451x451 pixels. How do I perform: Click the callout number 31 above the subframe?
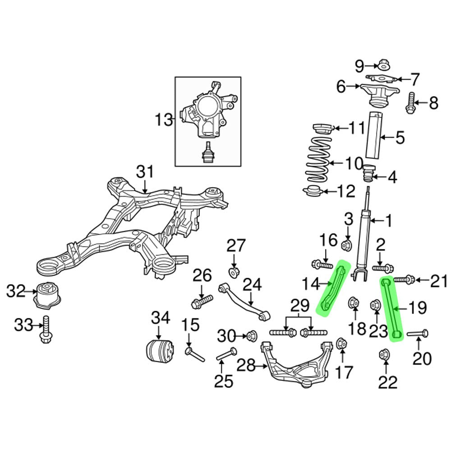tap(145, 172)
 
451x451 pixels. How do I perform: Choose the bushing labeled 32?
tap(48, 295)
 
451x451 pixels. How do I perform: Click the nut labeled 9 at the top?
tap(384, 65)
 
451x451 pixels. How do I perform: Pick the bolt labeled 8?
tap(410, 103)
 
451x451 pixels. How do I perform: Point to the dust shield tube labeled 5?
tap(374, 136)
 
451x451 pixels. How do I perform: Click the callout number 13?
tap(164, 120)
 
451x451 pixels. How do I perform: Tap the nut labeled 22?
tap(384, 356)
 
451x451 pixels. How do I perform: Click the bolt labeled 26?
tap(202, 301)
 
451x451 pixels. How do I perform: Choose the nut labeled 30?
tap(252, 336)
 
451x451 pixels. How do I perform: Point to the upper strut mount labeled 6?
tap(378, 93)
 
